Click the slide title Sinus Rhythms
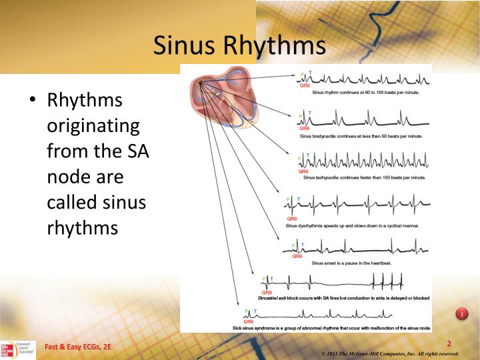[x=239, y=45]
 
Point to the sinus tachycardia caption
[x=364, y=178]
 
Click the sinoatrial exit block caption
[x=347, y=298]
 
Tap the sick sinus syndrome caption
[x=339, y=329]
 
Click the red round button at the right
[x=461, y=313]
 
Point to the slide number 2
[x=449, y=343]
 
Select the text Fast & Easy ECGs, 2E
[x=78, y=347]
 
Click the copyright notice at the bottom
[x=390, y=353]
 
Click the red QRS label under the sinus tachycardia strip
[x=304, y=171]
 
